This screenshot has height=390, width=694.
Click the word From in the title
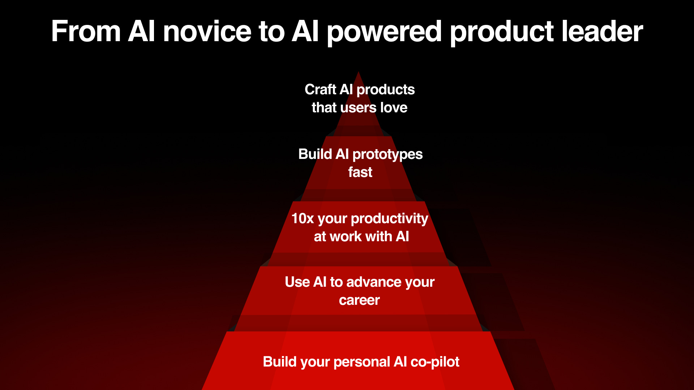click(86, 31)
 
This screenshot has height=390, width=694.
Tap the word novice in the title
click(207, 31)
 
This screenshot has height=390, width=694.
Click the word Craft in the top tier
click(320, 90)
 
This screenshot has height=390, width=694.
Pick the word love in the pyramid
click(394, 108)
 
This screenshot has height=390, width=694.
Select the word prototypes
click(387, 155)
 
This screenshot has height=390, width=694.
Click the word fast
click(360, 172)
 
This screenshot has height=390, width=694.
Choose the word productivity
click(389, 219)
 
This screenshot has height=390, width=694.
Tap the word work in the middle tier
click(345, 237)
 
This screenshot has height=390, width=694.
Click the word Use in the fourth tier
click(297, 282)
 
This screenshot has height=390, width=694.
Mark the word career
click(359, 300)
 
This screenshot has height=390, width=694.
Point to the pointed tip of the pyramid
click(359, 72)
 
